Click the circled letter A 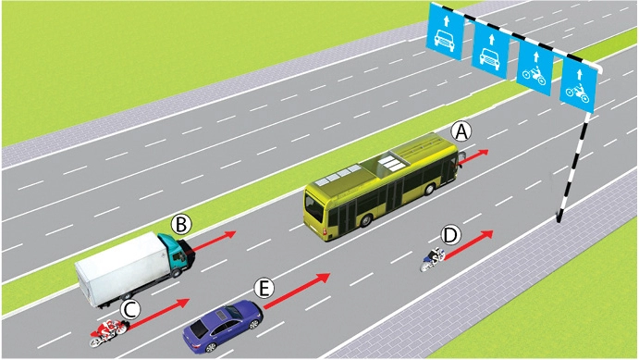tap(461, 132)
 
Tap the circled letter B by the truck tap(181, 224)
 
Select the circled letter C tap(130, 309)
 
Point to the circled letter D tap(450, 235)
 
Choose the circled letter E tap(264, 289)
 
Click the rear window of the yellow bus tap(314, 208)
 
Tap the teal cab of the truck tap(177, 254)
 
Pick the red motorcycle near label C tap(108, 332)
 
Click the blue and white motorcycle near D tap(433, 260)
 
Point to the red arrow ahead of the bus tap(473, 157)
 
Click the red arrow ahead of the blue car tap(296, 291)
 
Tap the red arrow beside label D tap(469, 244)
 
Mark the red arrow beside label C tap(158, 314)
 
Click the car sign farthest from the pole tap(445, 31)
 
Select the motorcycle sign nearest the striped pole tap(579, 86)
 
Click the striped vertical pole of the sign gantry tap(573, 168)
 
